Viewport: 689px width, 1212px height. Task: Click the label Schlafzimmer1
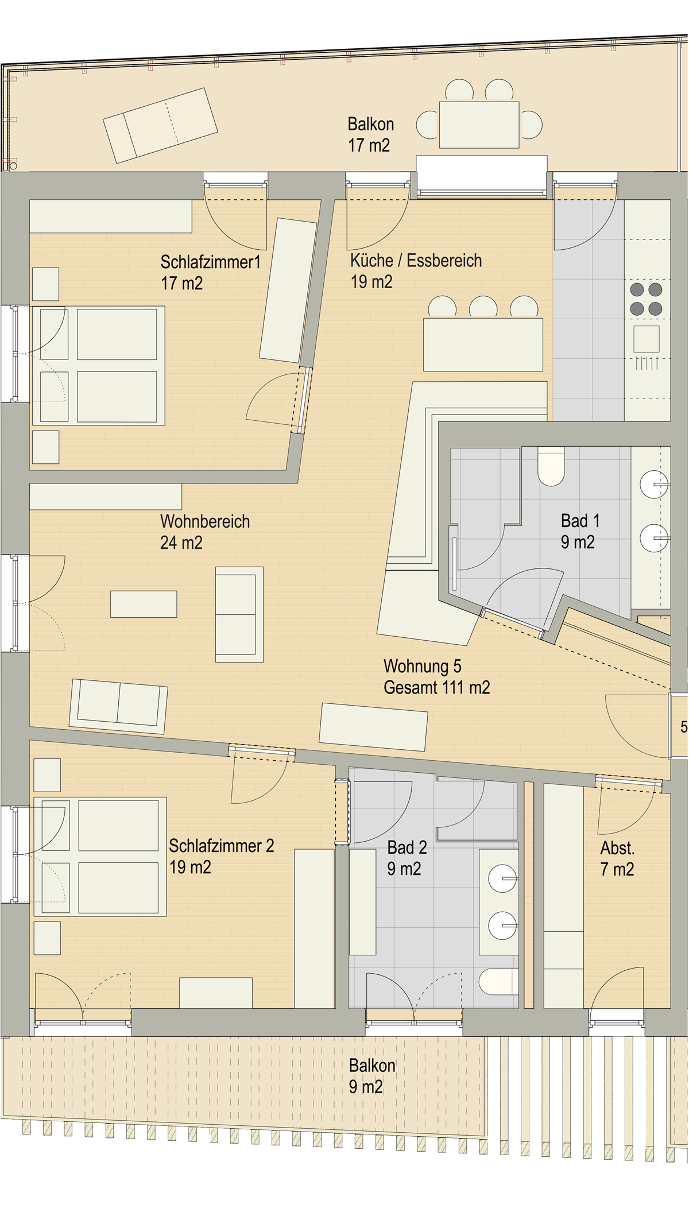coord(210,262)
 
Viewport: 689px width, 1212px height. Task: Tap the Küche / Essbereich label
coord(416,261)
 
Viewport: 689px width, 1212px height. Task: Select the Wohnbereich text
coord(205,521)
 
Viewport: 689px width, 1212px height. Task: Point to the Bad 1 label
coord(580,521)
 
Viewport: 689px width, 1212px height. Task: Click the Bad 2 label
coord(407,847)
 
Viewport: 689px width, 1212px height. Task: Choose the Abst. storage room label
coord(617,848)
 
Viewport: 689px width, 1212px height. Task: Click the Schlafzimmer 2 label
coord(222,846)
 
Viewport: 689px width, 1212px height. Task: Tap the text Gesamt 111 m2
coord(437,687)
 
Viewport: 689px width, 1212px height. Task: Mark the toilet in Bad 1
coord(551,466)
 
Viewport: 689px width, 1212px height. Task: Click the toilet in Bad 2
coord(498,981)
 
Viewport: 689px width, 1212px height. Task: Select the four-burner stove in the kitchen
coord(646,299)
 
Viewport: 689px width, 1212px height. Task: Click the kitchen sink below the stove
coord(647,339)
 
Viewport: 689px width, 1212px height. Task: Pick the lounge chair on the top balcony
coord(160,126)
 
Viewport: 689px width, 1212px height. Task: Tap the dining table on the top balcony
coord(479,125)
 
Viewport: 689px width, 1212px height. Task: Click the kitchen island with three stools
coord(483,344)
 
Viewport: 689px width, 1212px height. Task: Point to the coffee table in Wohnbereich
coord(144,604)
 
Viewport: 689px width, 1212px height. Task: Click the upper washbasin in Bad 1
coord(655,485)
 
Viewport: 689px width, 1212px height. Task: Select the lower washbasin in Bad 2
coord(503,926)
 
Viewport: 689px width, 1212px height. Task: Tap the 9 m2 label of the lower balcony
coord(366,1087)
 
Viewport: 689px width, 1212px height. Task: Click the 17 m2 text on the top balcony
coord(369,145)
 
